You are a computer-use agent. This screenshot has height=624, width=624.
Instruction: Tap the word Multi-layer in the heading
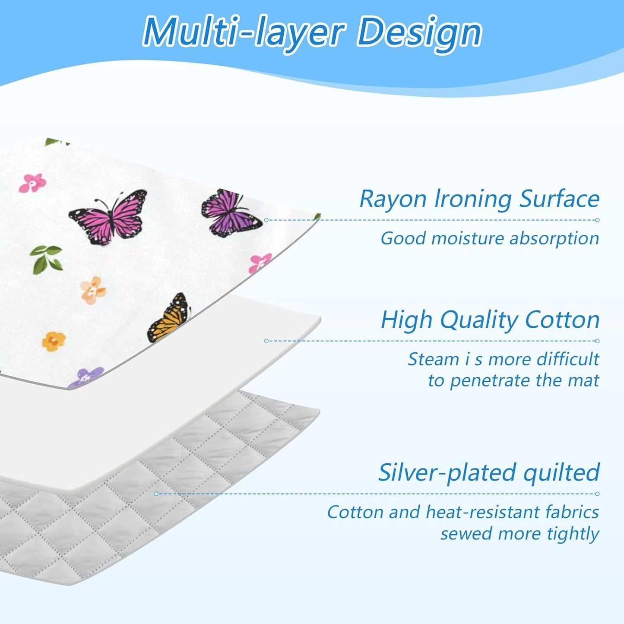pos(244,32)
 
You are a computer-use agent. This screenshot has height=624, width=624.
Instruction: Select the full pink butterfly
pos(108,218)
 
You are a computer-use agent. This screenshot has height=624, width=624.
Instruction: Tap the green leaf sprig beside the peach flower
pos(46,258)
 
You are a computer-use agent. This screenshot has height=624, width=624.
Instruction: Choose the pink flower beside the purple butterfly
pos(260,263)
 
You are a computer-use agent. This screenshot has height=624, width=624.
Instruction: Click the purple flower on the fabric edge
pos(87,377)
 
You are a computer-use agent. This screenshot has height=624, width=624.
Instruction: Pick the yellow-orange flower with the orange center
pos(54,341)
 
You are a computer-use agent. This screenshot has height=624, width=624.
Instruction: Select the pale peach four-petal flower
pos(93,290)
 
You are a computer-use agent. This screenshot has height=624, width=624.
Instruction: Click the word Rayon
pos(393,200)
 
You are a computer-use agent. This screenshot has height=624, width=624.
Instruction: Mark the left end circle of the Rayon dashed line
pos(266,220)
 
